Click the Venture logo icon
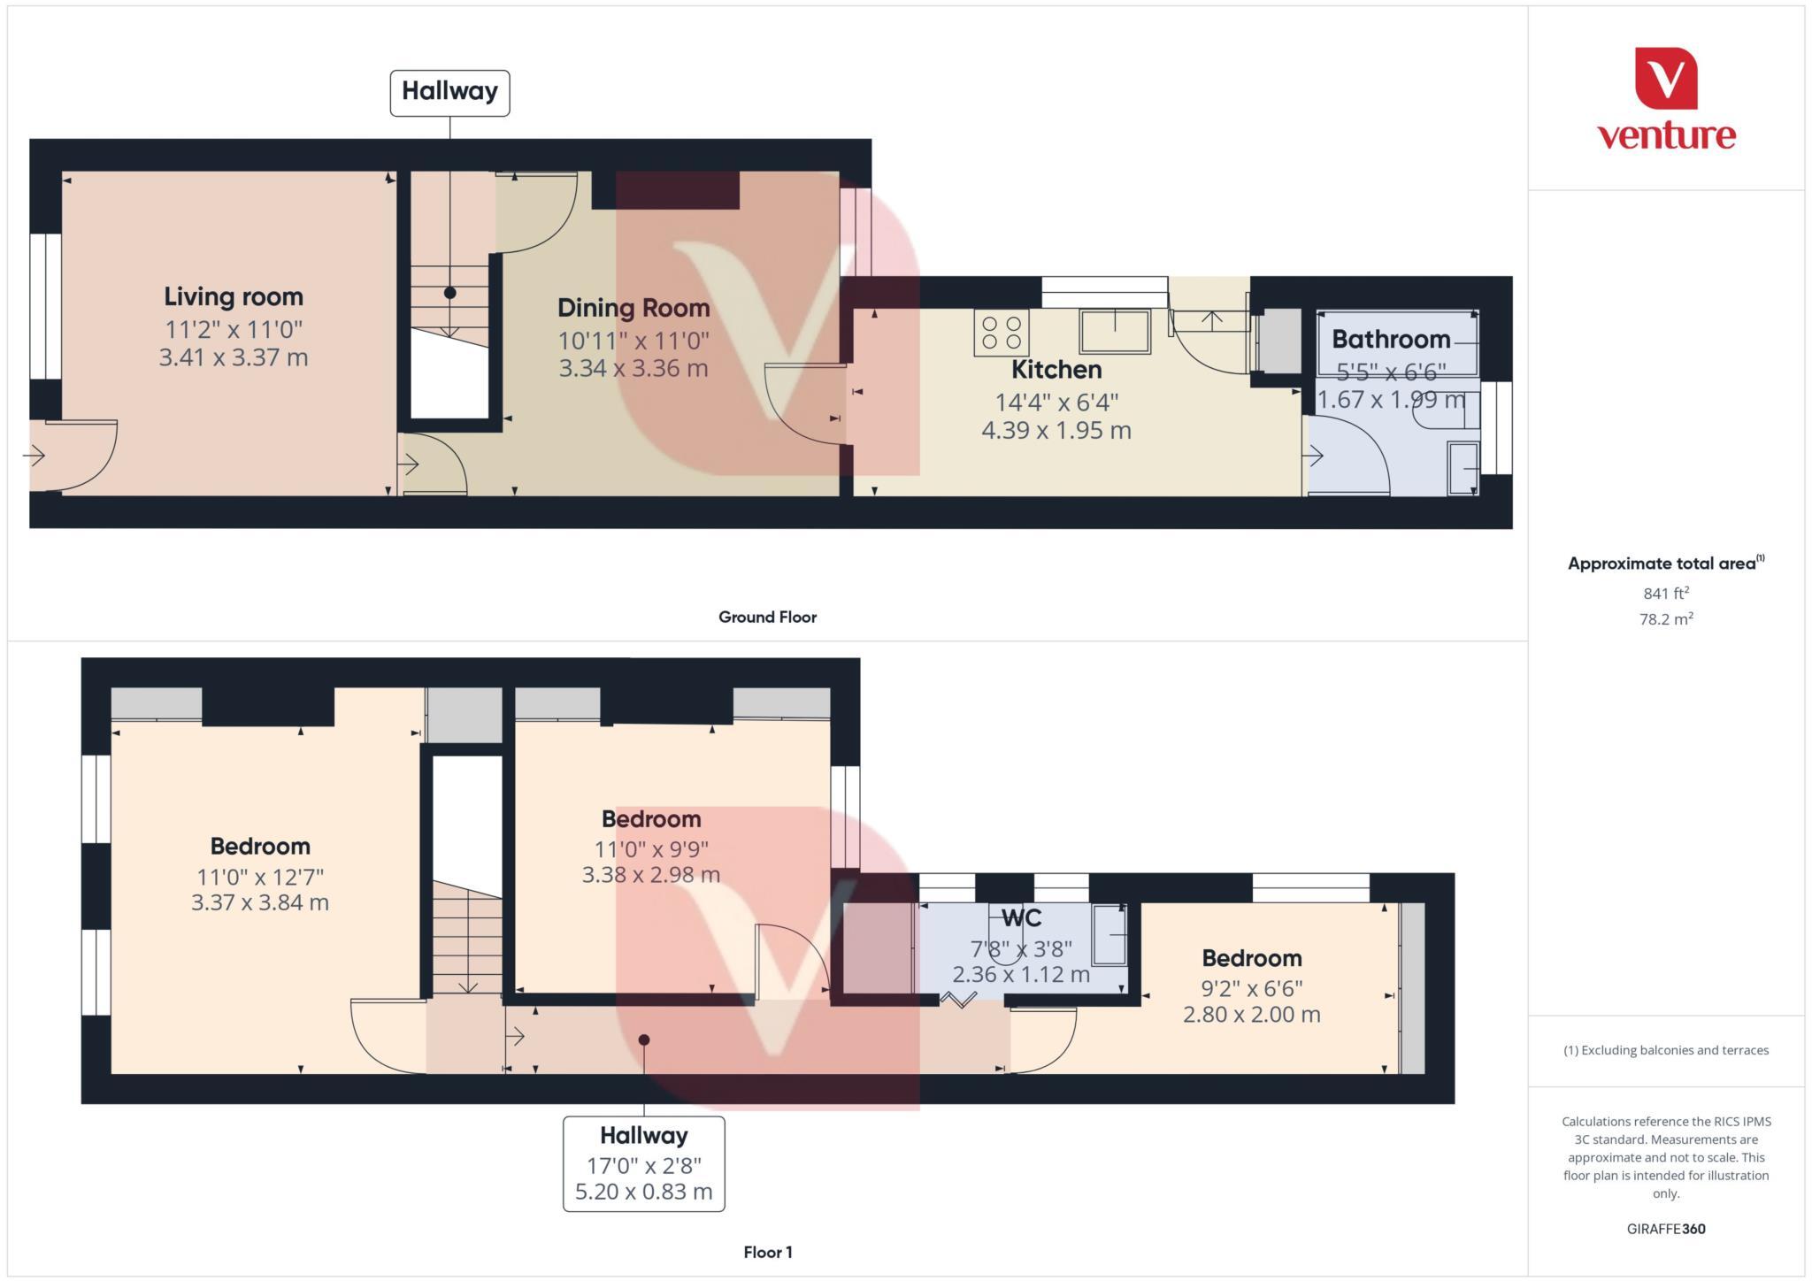click(1666, 78)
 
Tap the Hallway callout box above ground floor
click(449, 92)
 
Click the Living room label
click(234, 296)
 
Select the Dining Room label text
click(633, 308)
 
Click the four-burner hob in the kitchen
click(1001, 333)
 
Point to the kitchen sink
click(1114, 331)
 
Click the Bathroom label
click(1391, 339)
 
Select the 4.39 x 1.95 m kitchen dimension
click(1056, 431)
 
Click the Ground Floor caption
click(767, 617)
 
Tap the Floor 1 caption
click(767, 1252)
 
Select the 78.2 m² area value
click(1666, 619)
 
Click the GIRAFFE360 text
click(1666, 1229)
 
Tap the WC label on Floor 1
click(1021, 917)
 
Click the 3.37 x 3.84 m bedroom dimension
click(260, 903)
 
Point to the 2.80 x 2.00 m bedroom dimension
click(1251, 1015)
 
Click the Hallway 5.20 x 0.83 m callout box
click(643, 1162)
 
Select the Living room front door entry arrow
click(35, 456)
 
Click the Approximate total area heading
click(1665, 564)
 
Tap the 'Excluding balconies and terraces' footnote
click(1666, 1050)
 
